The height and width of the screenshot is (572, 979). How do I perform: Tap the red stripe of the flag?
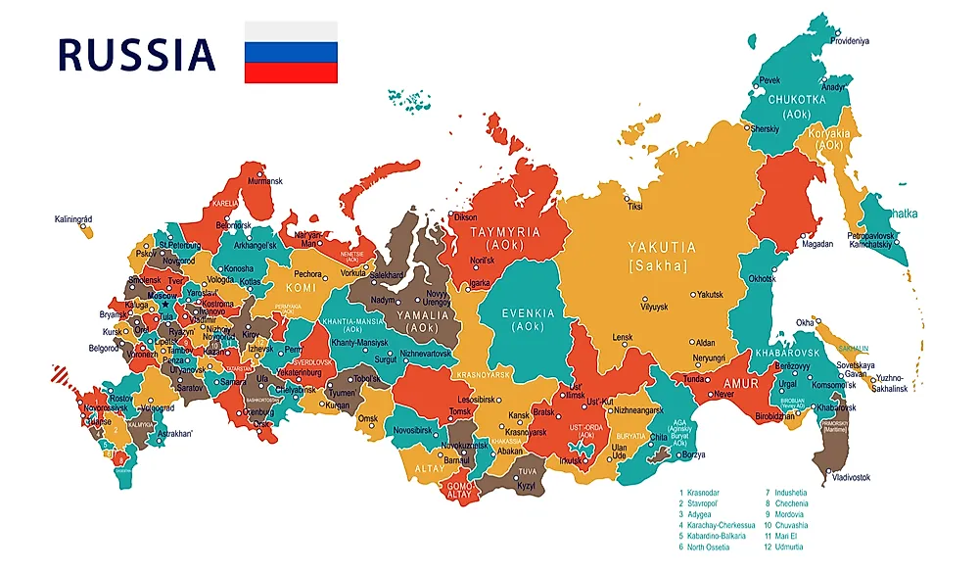(x=291, y=73)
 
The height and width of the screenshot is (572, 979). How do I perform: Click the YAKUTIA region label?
(x=662, y=248)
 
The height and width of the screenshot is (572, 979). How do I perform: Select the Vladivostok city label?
(x=851, y=477)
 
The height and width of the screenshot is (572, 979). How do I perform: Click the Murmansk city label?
(x=264, y=181)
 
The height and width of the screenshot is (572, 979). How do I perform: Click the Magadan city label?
(x=817, y=245)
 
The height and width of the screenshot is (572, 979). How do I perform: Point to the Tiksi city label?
(x=635, y=207)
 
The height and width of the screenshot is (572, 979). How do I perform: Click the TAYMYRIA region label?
(x=504, y=232)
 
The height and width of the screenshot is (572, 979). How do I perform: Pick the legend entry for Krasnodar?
(x=704, y=493)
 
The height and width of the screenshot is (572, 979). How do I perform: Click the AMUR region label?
(x=742, y=384)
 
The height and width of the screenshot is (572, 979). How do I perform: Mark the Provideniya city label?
(x=850, y=41)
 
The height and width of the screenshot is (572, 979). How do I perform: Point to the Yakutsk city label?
(x=709, y=294)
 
